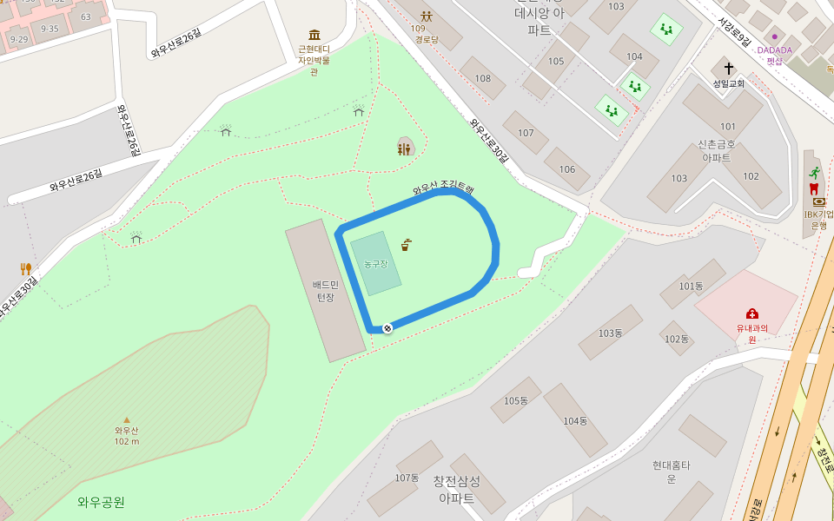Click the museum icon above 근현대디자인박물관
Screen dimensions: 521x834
pyautogui.click(x=314, y=35)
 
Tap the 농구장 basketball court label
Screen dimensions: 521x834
pyautogui.click(x=376, y=263)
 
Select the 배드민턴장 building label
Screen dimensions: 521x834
pyautogui.click(x=325, y=290)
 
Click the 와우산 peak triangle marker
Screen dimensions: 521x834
pyautogui.click(x=127, y=419)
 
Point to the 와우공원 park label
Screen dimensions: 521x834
pyautogui.click(x=101, y=502)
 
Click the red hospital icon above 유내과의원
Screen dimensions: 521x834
pyautogui.click(x=752, y=313)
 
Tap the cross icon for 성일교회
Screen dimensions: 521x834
pyautogui.click(x=729, y=68)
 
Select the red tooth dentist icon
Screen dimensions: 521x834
pyautogui.click(x=814, y=188)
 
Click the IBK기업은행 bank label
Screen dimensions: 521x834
pyautogui.click(x=818, y=219)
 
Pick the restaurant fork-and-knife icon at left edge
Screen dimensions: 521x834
pyautogui.click(x=26, y=268)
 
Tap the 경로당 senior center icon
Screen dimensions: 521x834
pyautogui.click(x=426, y=16)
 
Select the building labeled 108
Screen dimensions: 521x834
pyautogui.click(x=482, y=78)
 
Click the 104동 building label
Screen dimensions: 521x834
pyautogui.click(x=575, y=421)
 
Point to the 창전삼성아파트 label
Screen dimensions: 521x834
pyautogui.click(x=456, y=490)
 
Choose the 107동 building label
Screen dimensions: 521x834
pyautogui.click(x=407, y=478)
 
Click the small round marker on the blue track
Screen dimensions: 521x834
pyautogui.click(x=387, y=327)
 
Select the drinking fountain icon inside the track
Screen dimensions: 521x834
pyautogui.click(x=406, y=245)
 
